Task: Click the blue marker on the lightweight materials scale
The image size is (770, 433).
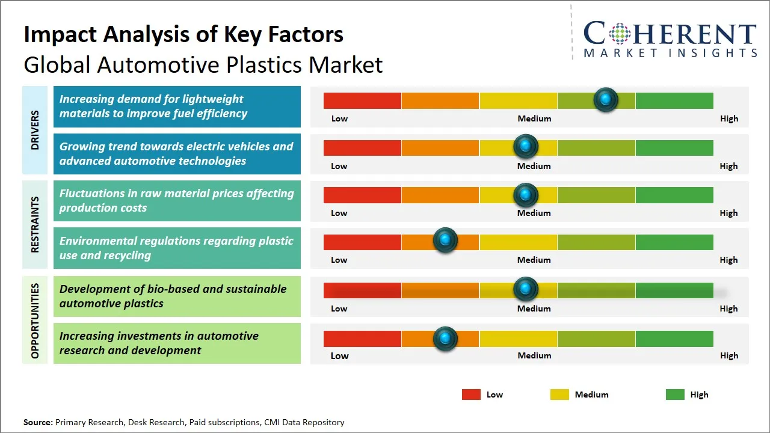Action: [x=606, y=100]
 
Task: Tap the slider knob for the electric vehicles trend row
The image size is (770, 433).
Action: [x=526, y=146]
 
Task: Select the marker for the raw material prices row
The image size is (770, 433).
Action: [x=526, y=194]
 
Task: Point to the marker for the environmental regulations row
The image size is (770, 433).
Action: [x=445, y=241]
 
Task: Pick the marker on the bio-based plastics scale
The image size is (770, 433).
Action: [x=526, y=289]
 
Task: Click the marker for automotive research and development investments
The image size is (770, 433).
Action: [x=445, y=339]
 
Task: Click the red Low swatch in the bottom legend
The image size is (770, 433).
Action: [x=471, y=395]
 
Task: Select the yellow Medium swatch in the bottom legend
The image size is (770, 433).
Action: [x=559, y=395]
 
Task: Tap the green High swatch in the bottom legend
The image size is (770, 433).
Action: [x=675, y=395]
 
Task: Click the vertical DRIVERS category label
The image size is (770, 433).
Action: [x=34, y=130]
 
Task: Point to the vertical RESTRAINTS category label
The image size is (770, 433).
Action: [x=34, y=224]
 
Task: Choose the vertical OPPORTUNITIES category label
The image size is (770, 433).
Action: [x=34, y=321]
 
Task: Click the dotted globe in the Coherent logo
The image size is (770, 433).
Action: [x=619, y=34]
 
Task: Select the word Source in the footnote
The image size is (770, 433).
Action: [x=38, y=422]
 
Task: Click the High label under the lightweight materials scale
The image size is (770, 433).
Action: [x=729, y=118]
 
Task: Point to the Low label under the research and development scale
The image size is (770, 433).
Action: [x=339, y=355]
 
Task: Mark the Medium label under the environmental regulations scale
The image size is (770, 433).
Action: [x=534, y=260]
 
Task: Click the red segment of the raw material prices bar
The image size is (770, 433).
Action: [x=362, y=195]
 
